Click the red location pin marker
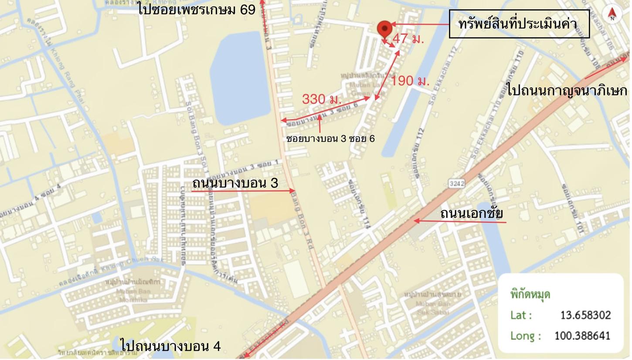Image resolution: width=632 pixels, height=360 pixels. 384,29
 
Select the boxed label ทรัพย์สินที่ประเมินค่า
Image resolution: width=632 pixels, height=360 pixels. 519,24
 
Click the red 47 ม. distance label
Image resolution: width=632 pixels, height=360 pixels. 408,38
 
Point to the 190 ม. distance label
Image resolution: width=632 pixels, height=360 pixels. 410,81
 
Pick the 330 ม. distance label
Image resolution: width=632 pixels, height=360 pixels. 322,99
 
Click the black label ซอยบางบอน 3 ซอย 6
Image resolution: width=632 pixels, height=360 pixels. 330,139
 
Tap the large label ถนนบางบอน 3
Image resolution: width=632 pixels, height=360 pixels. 235,183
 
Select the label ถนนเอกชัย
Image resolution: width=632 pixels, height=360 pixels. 471,214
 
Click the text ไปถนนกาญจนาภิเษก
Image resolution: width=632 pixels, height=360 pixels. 567,90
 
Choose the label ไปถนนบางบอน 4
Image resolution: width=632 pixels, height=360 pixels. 170,346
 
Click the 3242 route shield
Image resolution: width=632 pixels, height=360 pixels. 456,183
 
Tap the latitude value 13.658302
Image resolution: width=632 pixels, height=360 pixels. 585,315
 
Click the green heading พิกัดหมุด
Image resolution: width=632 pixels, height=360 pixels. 530,294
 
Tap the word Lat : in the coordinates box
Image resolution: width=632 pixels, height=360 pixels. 521,315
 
